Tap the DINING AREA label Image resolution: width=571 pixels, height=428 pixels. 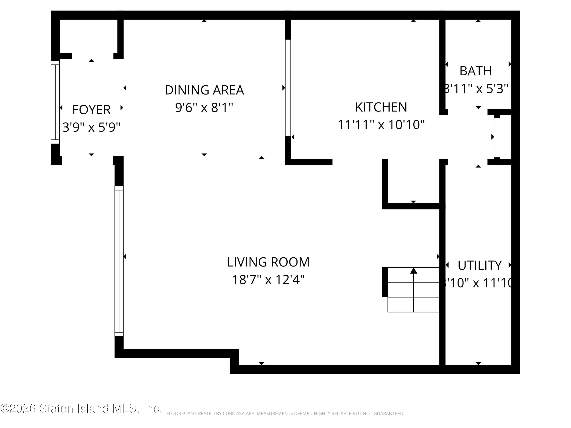[x=204, y=90]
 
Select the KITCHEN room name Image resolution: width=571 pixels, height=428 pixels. [x=381, y=107]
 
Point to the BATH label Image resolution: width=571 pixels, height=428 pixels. [x=475, y=71]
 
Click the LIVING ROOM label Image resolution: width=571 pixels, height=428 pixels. [x=268, y=262]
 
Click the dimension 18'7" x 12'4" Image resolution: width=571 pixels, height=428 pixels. [x=268, y=280]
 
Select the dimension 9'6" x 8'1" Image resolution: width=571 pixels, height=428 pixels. [x=204, y=108]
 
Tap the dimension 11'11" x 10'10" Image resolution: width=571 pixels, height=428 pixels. [x=381, y=125]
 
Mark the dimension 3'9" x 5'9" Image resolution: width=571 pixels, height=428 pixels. [x=91, y=127]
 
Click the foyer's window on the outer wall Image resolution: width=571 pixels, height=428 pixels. [x=55, y=102]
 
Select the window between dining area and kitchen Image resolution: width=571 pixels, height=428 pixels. [x=288, y=88]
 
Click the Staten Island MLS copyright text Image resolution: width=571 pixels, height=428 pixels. [x=81, y=408]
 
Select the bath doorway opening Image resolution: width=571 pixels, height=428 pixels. [x=467, y=112]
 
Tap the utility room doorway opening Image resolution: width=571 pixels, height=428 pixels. [x=467, y=162]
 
